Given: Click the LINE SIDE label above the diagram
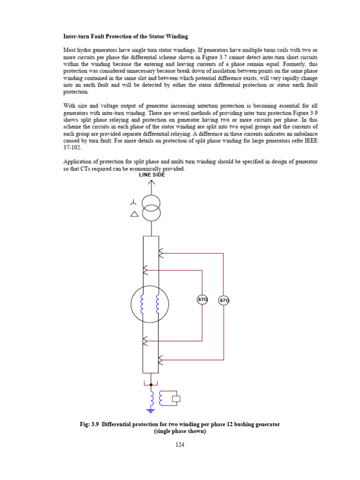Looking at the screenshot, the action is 151,174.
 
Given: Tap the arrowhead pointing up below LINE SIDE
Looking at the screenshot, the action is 151,182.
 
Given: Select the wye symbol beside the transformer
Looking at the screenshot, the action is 134,202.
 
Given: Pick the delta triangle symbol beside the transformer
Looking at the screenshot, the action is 134,214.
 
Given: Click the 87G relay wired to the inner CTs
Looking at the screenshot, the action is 202,300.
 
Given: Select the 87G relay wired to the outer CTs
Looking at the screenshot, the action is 224,300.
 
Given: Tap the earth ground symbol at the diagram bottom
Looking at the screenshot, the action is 151,411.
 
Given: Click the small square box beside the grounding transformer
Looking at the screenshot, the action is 176,399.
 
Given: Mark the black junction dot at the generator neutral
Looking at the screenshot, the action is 151,384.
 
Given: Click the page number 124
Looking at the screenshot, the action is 180,445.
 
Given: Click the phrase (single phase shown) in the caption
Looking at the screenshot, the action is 180,431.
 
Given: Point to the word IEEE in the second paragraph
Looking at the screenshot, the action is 311,140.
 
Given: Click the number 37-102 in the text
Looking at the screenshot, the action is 73,147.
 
